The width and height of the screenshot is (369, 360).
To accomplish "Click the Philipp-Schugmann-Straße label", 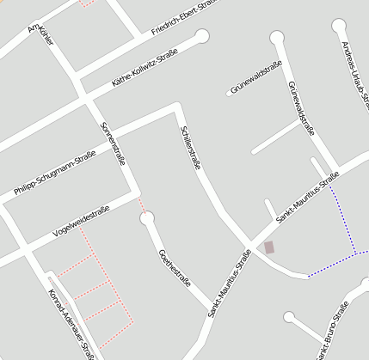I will (x=54, y=173).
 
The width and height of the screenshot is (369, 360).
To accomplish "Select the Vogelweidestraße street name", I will (x=81, y=222).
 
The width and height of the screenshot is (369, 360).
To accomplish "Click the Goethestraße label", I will (x=175, y=268).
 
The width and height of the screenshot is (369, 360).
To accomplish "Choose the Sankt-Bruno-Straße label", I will (x=332, y=332).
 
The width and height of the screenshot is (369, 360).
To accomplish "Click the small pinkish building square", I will (x=269, y=247).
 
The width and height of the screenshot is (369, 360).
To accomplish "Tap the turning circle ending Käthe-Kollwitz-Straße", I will (x=202, y=36).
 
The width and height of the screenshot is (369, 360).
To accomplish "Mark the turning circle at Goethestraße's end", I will (x=147, y=218).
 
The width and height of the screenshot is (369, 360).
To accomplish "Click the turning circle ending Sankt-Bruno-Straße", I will (x=290, y=318).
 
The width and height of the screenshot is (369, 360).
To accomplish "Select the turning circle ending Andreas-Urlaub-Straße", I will (x=339, y=25).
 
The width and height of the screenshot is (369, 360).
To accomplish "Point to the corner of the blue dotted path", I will (x=355, y=253).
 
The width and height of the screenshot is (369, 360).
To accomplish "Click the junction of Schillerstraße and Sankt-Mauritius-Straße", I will (x=250, y=241).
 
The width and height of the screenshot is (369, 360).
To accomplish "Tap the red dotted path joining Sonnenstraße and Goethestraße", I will (x=142, y=204).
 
